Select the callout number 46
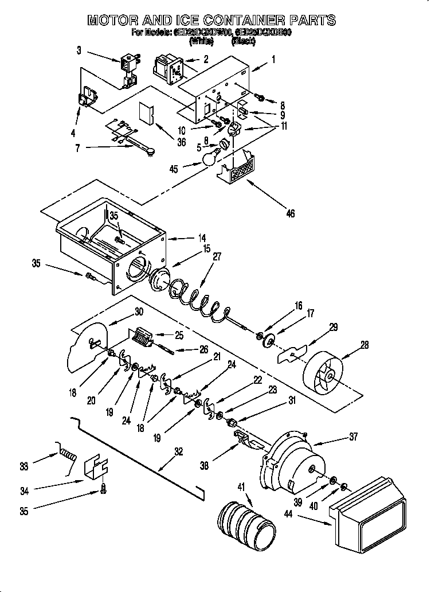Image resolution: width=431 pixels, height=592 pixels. [x=290, y=213]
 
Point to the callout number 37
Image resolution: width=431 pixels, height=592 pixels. [x=352, y=437]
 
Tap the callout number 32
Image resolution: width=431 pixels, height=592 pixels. [x=179, y=451]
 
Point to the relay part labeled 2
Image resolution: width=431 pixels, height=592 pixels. [x=168, y=68]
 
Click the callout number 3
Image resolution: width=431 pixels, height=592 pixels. [x=79, y=50]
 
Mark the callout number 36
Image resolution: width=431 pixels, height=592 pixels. [x=181, y=143]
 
